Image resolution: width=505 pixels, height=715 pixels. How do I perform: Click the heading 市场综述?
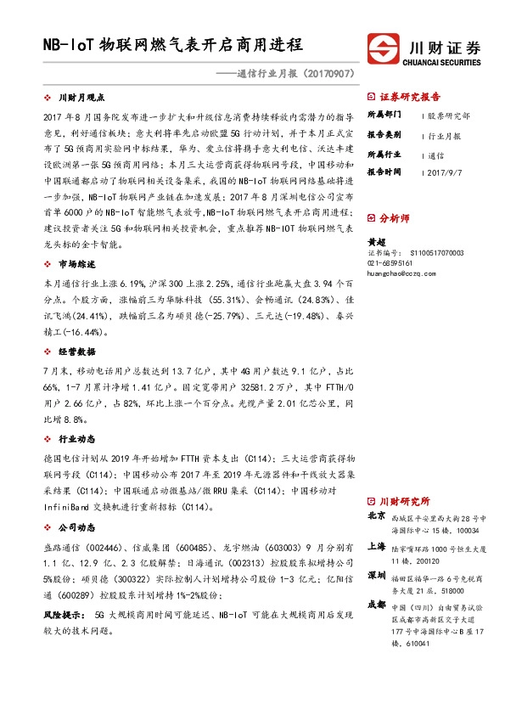[76, 264]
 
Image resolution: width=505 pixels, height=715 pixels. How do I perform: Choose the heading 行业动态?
[76, 439]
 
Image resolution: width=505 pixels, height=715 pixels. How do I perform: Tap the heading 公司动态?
[76, 527]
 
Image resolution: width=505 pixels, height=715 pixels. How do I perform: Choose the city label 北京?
[376, 515]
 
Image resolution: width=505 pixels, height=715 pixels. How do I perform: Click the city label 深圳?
[376, 575]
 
